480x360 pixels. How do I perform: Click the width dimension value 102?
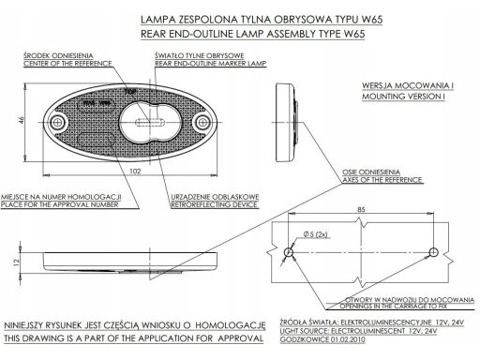click(135, 171)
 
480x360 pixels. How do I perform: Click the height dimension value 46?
click(22, 120)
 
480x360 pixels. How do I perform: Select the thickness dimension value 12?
click(17, 262)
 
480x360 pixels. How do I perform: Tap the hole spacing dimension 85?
click(361, 209)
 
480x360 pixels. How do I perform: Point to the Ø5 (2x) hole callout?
click(316, 234)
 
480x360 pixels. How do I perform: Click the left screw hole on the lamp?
click(57, 122)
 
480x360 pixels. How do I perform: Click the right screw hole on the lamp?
click(202, 122)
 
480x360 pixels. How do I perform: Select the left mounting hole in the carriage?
click(289, 252)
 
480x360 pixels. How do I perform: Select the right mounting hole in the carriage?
click(433, 252)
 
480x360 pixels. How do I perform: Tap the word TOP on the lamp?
click(130, 92)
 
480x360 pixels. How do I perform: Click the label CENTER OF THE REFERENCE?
click(67, 64)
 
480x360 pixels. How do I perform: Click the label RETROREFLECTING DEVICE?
click(214, 204)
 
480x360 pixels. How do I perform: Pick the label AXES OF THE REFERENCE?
click(382, 180)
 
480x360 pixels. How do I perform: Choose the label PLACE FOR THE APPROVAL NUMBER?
click(60, 204)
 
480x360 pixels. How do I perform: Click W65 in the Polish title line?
click(372, 20)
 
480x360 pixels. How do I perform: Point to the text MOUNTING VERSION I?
click(403, 97)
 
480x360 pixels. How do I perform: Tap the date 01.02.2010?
click(348, 339)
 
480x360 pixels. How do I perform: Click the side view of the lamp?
click(287, 122)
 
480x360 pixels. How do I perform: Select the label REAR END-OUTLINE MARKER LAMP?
click(211, 64)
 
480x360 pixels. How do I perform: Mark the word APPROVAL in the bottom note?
click(241, 338)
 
